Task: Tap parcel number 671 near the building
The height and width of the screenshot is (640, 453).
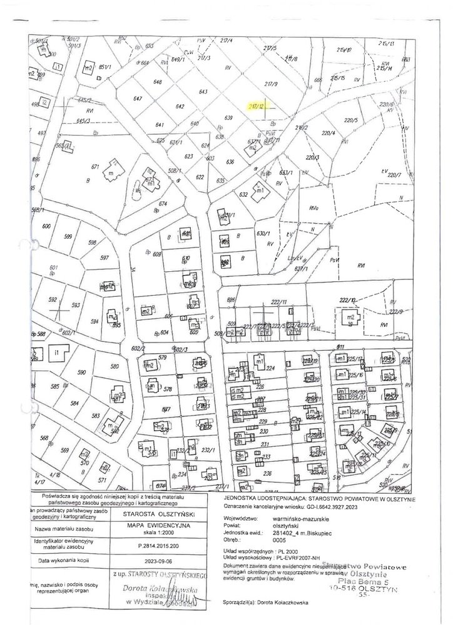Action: pos(96,166)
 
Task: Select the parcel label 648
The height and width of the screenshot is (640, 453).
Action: pos(158,82)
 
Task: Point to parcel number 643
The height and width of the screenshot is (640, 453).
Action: pos(203,92)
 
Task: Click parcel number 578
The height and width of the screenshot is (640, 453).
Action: pos(168,389)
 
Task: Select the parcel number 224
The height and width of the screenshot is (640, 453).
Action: pos(270,369)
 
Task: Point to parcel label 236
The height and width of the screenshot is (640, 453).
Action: pos(267,473)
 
